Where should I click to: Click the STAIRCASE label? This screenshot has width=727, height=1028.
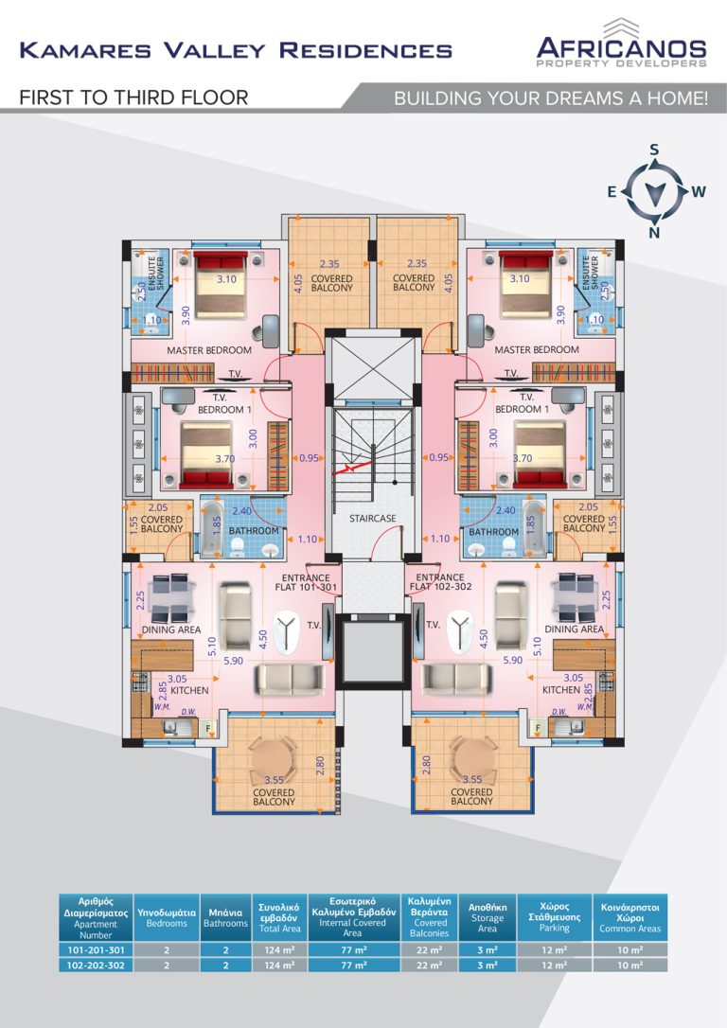click(x=372, y=519)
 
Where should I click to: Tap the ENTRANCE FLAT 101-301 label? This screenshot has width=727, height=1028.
click(x=306, y=582)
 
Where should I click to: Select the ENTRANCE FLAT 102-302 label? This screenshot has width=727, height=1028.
click(x=439, y=582)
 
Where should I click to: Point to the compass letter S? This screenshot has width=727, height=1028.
click(x=654, y=150)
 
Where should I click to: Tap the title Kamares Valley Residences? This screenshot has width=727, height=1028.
click(x=236, y=50)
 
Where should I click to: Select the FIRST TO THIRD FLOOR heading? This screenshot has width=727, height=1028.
click(x=133, y=97)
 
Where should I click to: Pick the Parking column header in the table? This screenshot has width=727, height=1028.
click(x=554, y=916)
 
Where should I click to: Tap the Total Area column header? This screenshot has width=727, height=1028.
click(x=279, y=916)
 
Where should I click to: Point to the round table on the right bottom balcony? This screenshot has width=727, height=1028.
click(x=470, y=755)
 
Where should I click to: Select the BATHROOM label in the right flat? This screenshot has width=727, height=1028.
click(x=493, y=532)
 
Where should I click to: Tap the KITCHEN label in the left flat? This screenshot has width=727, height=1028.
click(x=189, y=691)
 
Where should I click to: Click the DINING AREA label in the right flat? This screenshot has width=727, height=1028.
click(x=575, y=629)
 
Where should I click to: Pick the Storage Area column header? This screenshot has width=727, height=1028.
click(x=487, y=916)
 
